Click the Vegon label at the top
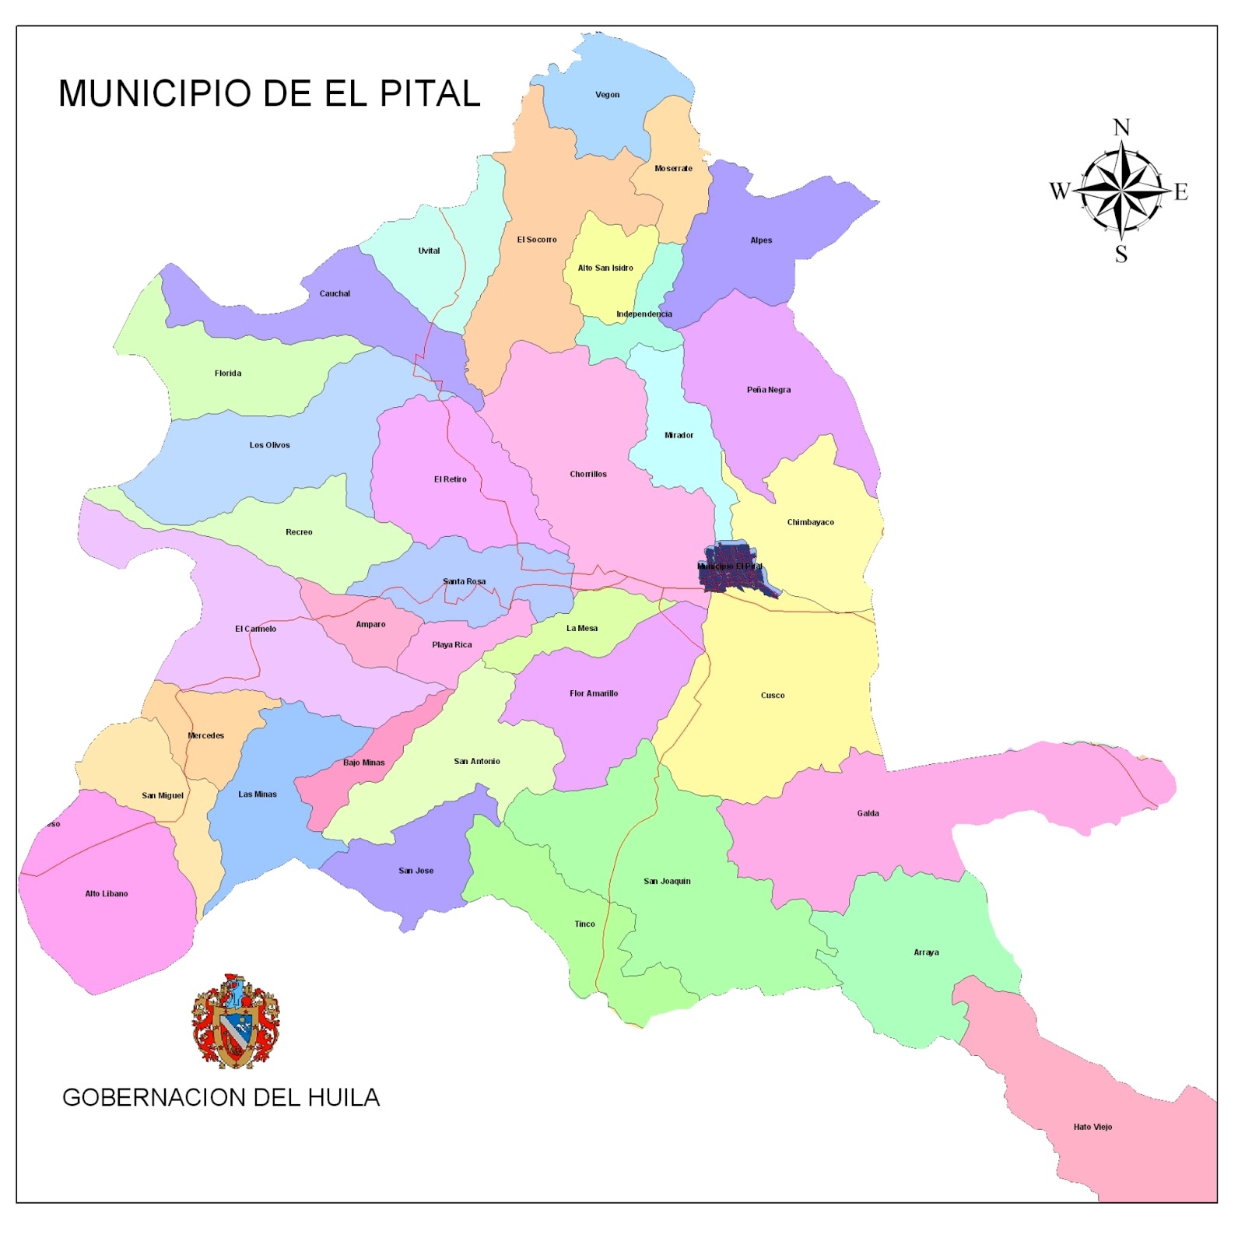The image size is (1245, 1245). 607,95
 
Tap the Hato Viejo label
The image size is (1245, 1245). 1092,1127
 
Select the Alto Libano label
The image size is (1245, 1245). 107,893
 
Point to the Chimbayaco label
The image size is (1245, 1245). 810,522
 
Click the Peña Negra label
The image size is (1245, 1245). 768,390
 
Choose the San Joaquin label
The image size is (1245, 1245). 667,881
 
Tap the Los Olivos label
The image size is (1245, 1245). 269,445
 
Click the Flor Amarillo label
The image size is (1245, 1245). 594,693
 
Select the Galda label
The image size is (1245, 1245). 868,813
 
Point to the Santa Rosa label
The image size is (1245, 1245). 464,581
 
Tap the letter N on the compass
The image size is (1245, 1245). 1121,128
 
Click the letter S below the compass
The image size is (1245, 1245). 1121,254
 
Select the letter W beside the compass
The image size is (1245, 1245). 1060,191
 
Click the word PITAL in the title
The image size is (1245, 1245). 430,93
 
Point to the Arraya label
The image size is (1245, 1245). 926,952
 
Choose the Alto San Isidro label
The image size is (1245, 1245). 605,268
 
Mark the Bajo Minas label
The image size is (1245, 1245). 363,763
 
